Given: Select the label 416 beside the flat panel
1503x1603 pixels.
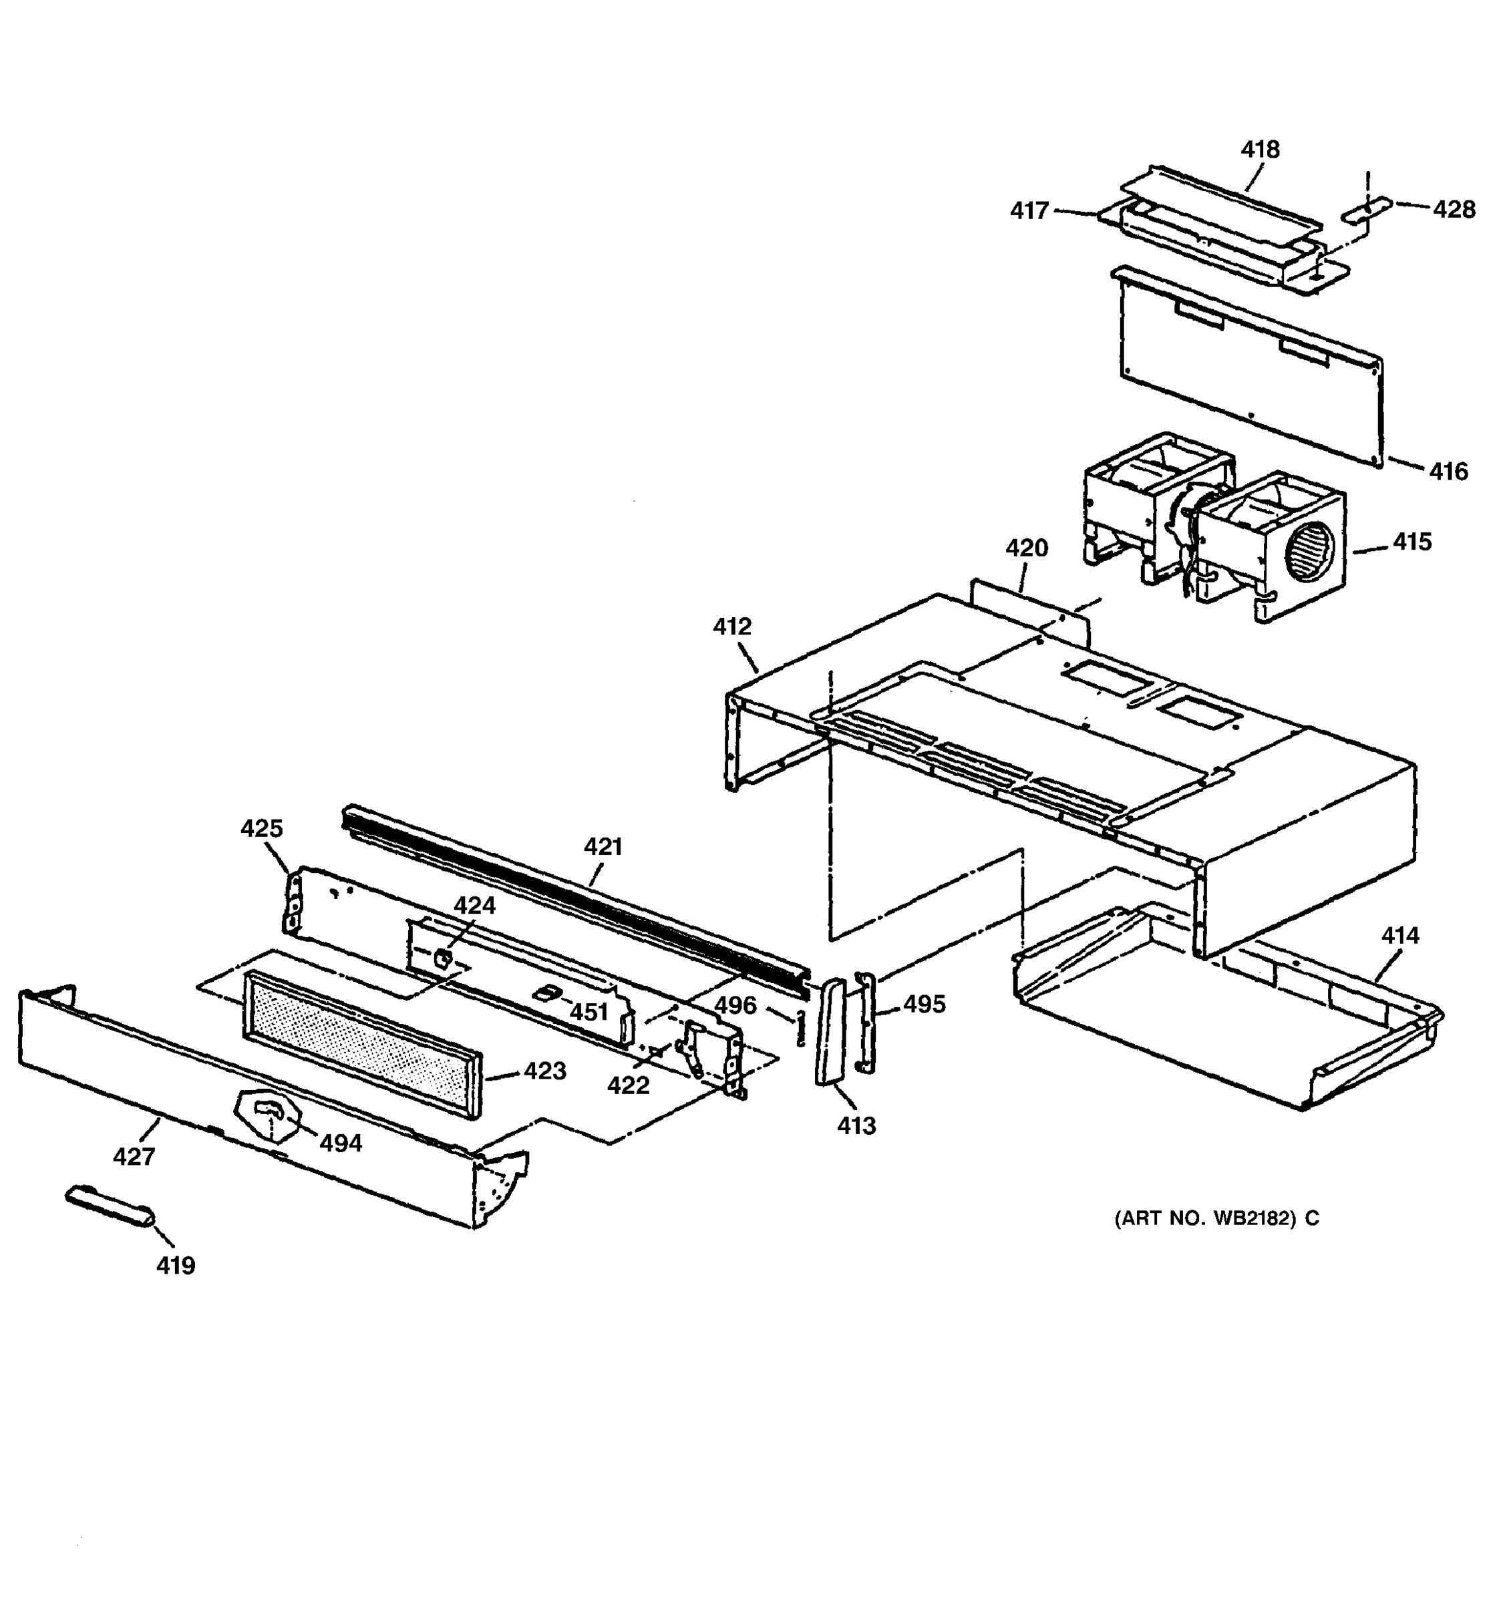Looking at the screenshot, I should click(x=1448, y=471).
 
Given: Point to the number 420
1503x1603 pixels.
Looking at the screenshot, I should click(x=1027, y=548).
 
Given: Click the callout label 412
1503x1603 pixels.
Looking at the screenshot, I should click(x=731, y=627).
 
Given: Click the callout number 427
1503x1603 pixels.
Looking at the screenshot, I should click(x=134, y=1156).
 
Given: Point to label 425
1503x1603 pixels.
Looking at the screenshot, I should click(x=262, y=828).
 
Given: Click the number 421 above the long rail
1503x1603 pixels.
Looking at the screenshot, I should click(x=603, y=847).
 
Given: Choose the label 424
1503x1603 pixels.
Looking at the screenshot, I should click(x=474, y=906).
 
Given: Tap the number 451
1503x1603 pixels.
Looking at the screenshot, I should click(x=589, y=1011).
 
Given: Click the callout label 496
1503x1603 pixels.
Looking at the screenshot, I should click(x=735, y=1005).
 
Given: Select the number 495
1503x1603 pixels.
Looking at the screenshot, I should click(x=924, y=1004).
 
